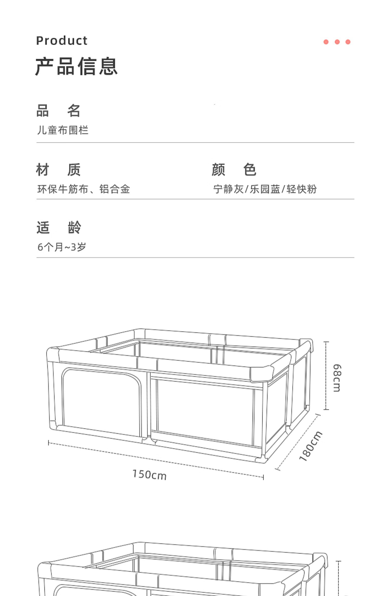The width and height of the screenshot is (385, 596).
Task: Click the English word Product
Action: coord(62,41)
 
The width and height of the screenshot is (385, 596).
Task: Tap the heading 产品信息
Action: coord(76,66)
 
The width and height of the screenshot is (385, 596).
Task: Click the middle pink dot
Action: coord(337,42)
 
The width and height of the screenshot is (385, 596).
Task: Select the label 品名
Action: coord(58,111)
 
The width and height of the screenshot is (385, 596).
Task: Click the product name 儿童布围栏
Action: coord(63,130)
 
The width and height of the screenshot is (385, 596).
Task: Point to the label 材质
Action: coord(58,169)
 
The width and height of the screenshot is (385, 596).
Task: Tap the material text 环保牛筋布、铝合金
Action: coord(84,189)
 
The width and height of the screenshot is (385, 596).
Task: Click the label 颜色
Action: coord(234,169)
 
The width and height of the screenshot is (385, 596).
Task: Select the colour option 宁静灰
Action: coord(228,189)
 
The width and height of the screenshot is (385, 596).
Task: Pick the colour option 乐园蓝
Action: coord(265,189)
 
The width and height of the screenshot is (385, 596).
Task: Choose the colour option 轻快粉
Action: coord(302,189)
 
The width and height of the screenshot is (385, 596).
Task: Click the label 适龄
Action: coord(59,227)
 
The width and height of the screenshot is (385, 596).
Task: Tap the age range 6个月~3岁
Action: coord(62,247)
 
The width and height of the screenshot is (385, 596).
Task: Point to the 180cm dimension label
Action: coord(311,446)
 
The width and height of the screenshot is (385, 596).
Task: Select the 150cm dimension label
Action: coord(149,474)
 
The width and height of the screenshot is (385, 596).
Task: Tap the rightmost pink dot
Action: coord(348,42)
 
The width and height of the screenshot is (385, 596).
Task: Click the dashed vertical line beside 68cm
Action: coord(326,376)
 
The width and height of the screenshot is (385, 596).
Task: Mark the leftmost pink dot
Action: coord(326,42)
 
